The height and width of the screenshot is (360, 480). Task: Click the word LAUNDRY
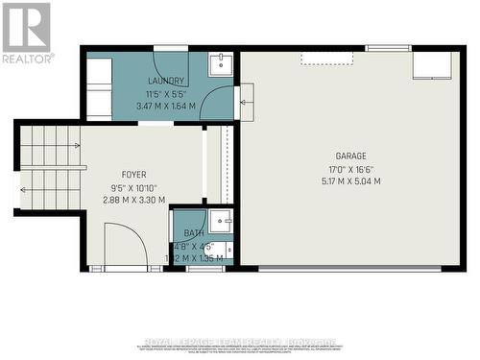pyautogui.click(x=165, y=81)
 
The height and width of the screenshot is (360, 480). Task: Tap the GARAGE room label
pyautogui.click(x=350, y=156)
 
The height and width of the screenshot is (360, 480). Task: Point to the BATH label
pyautogui.click(x=194, y=233)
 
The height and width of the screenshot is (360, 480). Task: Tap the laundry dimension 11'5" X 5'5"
pyautogui.click(x=165, y=93)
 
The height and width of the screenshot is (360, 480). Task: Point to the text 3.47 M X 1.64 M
pyautogui.click(x=165, y=106)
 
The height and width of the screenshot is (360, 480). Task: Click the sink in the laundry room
pyautogui.click(x=221, y=64)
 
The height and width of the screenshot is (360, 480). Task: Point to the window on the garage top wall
pyautogui.click(x=388, y=47)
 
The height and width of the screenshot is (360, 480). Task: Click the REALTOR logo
pyautogui.click(x=27, y=33)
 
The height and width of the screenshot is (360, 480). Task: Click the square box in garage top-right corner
pyautogui.click(x=432, y=65)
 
